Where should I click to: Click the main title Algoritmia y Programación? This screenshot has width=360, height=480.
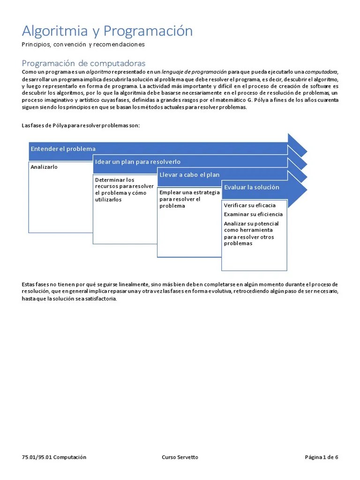(x=107, y=31)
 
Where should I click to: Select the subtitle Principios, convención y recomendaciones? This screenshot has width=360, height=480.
(x=83, y=45)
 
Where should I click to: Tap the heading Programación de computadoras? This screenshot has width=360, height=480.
(x=83, y=63)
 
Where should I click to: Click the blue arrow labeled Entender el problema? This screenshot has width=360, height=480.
(x=63, y=149)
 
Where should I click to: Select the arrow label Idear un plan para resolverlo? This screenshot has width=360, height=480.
(x=137, y=162)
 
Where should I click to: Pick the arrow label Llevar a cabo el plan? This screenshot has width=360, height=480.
(x=189, y=175)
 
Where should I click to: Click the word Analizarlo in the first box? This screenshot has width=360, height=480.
(x=44, y=167)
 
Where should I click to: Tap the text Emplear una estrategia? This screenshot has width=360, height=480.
(x=189, y=193)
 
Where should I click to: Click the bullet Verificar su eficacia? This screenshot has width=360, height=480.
(x=249, y=205)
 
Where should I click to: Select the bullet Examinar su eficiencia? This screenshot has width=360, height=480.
(x=253, y=214)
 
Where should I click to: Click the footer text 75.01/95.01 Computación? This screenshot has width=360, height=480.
(x=54, y=457)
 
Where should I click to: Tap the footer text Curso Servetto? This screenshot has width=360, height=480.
(x=180, y=457)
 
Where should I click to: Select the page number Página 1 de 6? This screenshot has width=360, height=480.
(x=321, y=457)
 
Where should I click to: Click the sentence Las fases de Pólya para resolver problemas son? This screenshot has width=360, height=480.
(x=81, y=126)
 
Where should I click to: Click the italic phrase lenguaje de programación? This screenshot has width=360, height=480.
(x=194, y=72)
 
